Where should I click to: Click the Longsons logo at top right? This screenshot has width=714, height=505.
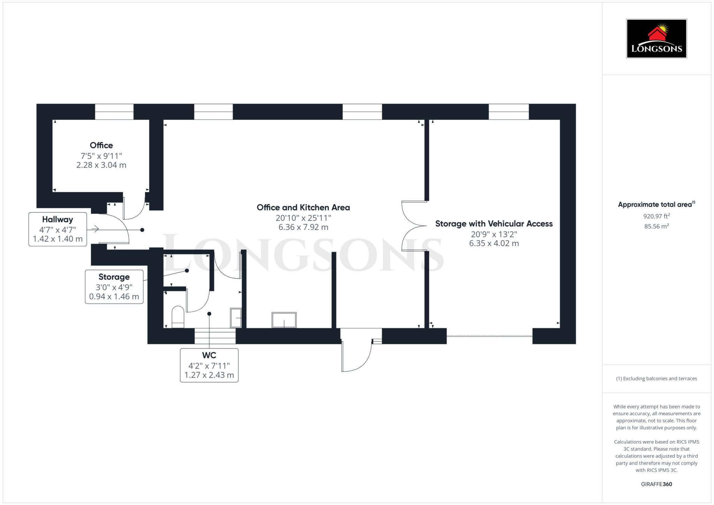pyautogui.click(x=656, y=39)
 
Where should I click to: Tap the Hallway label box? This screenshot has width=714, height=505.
pyautogui.click(x=58, y=229)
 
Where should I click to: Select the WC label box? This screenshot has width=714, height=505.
pyautogui.click(x=209, y=365)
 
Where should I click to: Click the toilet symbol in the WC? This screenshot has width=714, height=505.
pyautogui.click(x=178, y=317)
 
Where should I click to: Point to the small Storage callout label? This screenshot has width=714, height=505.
pyautogui.click(x=114, y=287)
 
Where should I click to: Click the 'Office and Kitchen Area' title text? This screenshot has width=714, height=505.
pyautogui.click(x=303, y=207)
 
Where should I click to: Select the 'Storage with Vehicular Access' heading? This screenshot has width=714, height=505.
pyautogui.click(x=494, y=224)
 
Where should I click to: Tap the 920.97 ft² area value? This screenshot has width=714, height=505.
pyautogui.click(x=656, y=216)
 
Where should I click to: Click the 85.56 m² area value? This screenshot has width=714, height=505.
pyautogui.click(x=656, y=226)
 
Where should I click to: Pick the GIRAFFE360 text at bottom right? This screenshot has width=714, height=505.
pyautogui.click(x=656, y=484)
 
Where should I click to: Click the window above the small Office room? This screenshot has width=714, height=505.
pyautogui.click(x=114, y=112)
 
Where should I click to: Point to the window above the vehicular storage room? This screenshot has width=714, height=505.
pyautogui.click(x=509, y=112)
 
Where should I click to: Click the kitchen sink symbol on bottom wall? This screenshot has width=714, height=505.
pyautogui.click(x=284, y=320)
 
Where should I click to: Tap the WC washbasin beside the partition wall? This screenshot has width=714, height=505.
pyautogui.click(x=236, y=318)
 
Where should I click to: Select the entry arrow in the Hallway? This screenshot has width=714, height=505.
pyautogui.click(x=95, y=229)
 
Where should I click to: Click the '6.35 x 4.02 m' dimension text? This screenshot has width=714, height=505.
pyautogui.click(x=494, y=243)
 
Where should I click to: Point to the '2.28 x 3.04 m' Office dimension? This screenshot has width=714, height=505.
pyautogui.click(x=101, y=165)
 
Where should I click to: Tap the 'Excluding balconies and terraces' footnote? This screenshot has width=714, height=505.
pyautogui.click(x=656, y=378)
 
